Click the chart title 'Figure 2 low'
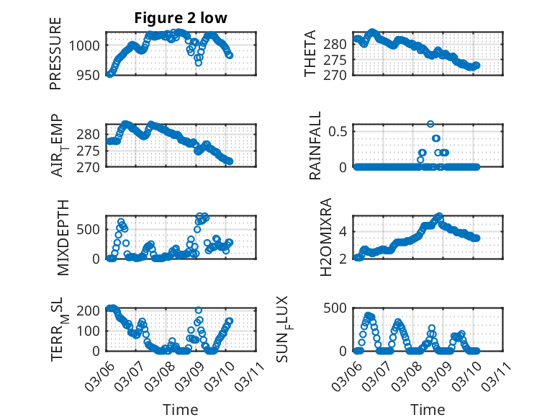[180, 19]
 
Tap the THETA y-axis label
[310, 53]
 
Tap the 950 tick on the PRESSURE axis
[89, 74]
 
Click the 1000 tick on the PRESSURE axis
[86, 45]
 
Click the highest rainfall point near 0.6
[430, 124]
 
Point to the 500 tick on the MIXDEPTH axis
[89, 229]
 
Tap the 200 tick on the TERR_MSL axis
[89, 310]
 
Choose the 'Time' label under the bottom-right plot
[428, 409]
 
